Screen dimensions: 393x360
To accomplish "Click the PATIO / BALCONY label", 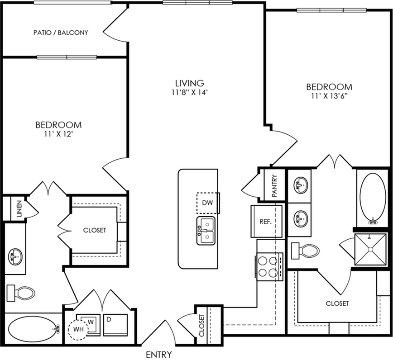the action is pyautogui.click(x=61, y=33).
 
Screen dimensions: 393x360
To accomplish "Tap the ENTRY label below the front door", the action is pyautogui.click(x=159, y=355).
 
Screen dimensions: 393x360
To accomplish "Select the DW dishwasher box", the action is pyautogui.click(x=208, y=203).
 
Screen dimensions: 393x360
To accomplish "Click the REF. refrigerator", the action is pyautogui.click(x=266, y=221).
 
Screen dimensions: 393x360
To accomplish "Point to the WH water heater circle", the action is pyautogui.click(x=78, y=329).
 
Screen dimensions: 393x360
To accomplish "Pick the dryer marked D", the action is pyautogui.click(x=115, y=325).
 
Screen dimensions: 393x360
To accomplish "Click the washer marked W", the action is pyautogui.click(x=90, y=324).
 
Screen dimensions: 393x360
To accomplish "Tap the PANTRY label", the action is pyautogui.click(x=275, y=185).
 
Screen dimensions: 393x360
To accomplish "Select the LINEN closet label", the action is pyautogui.click(x=19, y=208).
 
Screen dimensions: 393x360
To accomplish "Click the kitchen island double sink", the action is pyautogui.click(x=206, y=231).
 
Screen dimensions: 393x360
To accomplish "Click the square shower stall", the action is pyautogui.click(x=370, y=249).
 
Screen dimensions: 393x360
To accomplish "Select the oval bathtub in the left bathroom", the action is pyautogui.click(x=34, y=328).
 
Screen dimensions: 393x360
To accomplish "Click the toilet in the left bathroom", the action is pyautogui.click(x=21, y=293).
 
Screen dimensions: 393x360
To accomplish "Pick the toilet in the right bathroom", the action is pyautogui.click(x=305, y=251).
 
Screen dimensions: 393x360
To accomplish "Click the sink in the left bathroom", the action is pyautogui.click(x=15, y=257).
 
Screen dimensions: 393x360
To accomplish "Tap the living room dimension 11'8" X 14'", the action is pyautogui.click(x=190, y=92).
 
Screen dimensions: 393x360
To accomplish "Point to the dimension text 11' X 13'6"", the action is pyautogui.click(x=329, y=96).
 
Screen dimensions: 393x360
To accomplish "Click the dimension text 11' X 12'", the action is pyautogui.click(x=59, y=134).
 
